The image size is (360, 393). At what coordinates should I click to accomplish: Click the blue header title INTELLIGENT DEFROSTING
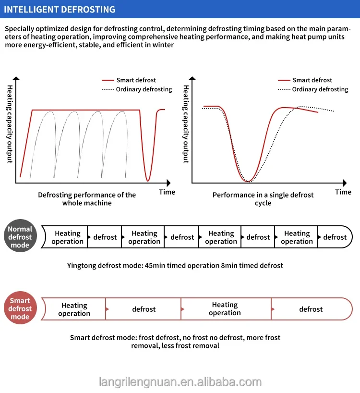pos(60,10)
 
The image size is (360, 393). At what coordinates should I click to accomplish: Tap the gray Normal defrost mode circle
pos(20,236)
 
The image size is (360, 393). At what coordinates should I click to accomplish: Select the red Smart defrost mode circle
pos(20,308)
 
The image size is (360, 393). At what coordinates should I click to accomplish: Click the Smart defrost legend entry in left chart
pos(129,80)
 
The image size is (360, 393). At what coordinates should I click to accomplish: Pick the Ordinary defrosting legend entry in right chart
pos(313,89)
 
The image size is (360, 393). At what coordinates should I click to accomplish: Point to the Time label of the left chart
pos(167,192)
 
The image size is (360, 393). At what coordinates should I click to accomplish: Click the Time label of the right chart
pos(343,192)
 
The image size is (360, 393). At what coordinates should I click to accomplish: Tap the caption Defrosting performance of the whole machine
pos(87,199)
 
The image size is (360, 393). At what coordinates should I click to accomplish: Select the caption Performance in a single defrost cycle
pos(263,199)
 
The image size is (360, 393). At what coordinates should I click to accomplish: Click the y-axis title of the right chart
pos(186,124)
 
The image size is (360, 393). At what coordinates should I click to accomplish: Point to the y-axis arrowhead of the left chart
pos(16,78)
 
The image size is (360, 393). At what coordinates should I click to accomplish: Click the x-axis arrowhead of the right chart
pos(345,183)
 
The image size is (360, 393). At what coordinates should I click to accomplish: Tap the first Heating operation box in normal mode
pos(67,237)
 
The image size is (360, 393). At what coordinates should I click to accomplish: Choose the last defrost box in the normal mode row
pos(335,237)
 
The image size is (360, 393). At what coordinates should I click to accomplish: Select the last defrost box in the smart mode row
pos(311,309)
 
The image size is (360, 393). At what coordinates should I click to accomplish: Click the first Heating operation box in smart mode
pos(74,309)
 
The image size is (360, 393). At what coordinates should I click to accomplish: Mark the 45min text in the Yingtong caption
pos(154,265)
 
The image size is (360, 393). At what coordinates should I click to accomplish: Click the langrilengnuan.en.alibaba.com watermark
pos(180,382)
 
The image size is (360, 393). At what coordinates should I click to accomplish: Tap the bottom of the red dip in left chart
pos(148,181)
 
